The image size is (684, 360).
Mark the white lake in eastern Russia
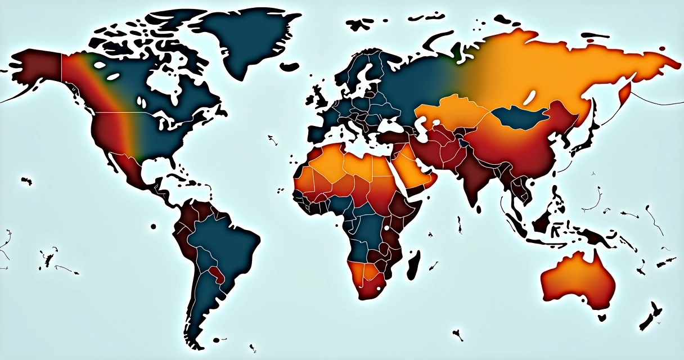[529, 99]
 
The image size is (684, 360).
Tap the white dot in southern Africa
[379, 289]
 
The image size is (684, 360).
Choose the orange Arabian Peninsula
[413, 169]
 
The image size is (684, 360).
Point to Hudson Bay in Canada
[163, 84]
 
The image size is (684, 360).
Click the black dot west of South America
[153, 227]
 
